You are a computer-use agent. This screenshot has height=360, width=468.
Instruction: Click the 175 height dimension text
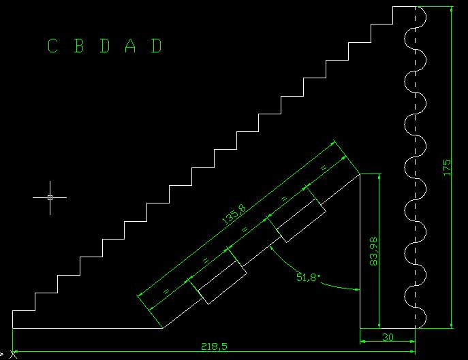pos(447,167)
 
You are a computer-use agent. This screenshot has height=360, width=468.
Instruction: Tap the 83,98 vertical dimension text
pos(373,251)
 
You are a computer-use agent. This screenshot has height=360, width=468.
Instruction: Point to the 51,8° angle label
pos(308,278)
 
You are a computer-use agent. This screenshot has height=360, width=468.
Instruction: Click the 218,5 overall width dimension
pos(214,347)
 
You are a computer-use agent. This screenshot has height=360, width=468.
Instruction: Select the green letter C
pos(52,46)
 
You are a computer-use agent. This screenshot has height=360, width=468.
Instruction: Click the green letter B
pos(78,46)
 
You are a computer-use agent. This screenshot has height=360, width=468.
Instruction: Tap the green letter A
pos(131,46)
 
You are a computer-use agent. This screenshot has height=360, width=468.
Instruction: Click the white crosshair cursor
pos(50,197)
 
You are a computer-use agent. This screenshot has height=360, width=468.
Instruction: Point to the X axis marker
pos(12,355)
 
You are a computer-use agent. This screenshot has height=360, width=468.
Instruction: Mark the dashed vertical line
pos(416,170)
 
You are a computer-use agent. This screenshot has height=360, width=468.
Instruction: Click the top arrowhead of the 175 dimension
pos(451,10)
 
